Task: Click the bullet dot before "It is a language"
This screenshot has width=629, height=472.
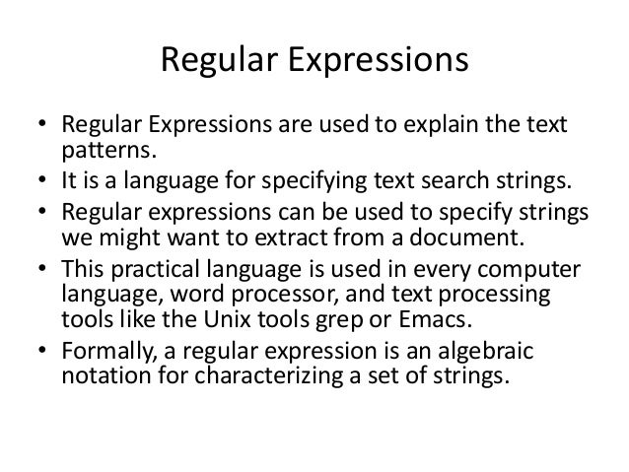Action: coord(39,179)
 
